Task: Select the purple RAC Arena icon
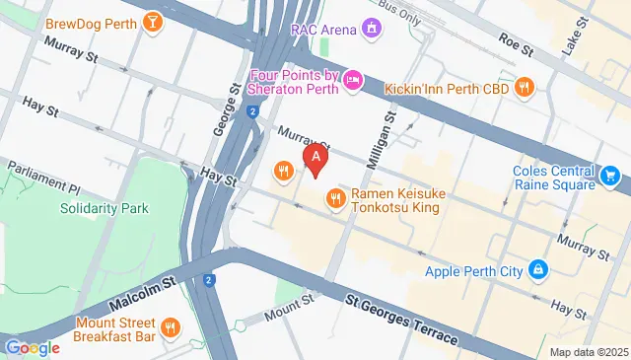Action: pyautogui.click(x=371, y=28)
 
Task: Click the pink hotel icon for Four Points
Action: pyautogui.click(x=352, y=79)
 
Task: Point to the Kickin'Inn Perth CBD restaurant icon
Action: pyautogui.click(x=526, y=87)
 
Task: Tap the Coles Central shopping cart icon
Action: pyautogui.click(x=610, y=178)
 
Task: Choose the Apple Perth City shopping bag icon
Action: pyautogui.click(x=538, y=267)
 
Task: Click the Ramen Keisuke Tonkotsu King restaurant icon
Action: pyautogui.click(x=336, y=200)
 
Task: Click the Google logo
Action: pyautogui.click(x=32, y=347)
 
